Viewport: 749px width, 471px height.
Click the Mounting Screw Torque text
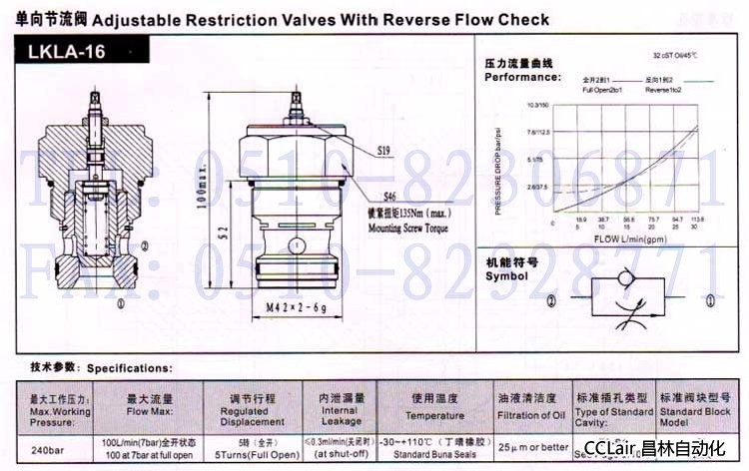395,228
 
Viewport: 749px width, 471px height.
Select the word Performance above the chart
522,77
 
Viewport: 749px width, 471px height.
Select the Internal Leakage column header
340,416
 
